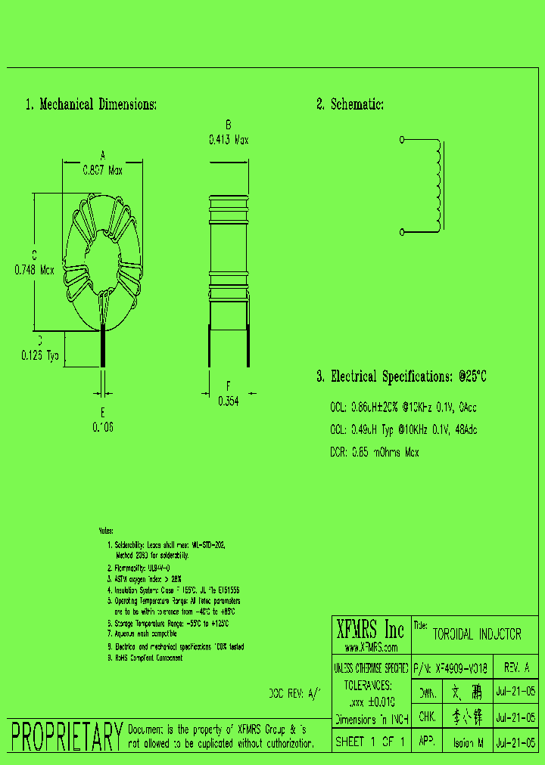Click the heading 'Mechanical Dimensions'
coord(98,104)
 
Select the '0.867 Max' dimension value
coord(102,170)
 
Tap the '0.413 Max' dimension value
coord(228,140)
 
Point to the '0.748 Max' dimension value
coord(34,269)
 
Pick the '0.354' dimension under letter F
coord(228,402)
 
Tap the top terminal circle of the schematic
coord(401,140)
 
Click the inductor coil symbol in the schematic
coord(437,184)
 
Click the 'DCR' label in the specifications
coord(338,452)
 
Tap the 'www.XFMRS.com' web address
coord(371,648)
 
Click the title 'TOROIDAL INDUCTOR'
coord(477,635)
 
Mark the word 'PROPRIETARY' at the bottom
coord(66,736)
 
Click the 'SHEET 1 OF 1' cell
coord(371,742)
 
